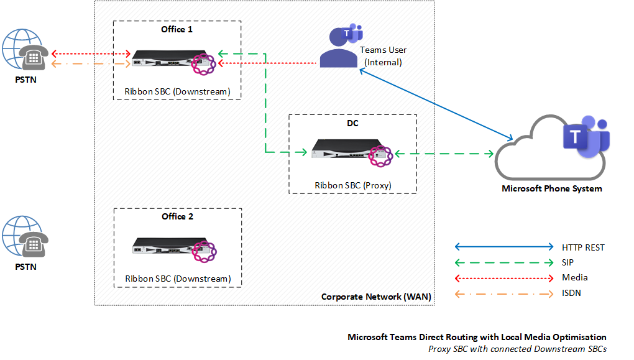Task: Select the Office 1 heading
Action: (177, 29)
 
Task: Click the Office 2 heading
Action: (177, 216)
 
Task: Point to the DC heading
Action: (352, 123)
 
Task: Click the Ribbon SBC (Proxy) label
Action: (352, 185)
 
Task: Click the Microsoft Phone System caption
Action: (551, 188)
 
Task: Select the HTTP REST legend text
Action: (582, 247)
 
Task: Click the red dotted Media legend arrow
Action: (503, 278)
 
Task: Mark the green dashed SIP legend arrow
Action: (503, 262)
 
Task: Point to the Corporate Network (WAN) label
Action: (375, 297)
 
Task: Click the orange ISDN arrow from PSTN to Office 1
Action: (90, 63)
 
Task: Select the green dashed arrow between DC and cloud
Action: (444, 153)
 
